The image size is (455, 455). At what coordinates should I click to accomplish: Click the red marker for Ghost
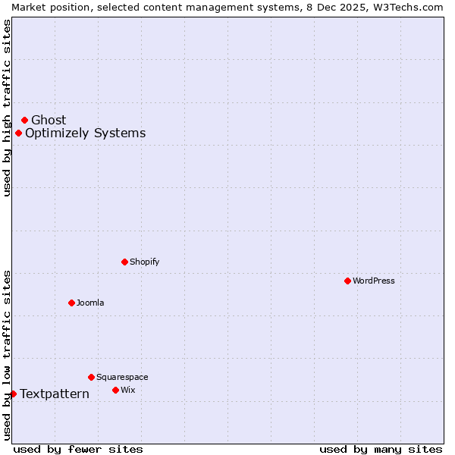(24, 120)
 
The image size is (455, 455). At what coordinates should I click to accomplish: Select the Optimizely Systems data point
(18, 133)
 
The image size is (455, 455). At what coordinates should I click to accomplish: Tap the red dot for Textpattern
(13, 394)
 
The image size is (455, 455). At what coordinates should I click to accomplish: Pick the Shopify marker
(124, 262)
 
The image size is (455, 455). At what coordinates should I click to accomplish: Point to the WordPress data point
(347, 281)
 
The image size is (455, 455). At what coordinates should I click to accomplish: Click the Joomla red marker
(71, 303)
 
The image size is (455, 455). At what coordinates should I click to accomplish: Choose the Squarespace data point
(91, 377)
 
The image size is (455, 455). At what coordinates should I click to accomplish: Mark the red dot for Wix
(115, 390)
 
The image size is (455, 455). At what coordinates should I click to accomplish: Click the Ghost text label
(49, 120)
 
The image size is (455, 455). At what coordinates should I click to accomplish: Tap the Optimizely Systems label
(85, 133)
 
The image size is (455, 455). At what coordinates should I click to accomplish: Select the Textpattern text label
(55, 394)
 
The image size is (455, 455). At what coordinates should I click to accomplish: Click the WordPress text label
(374, 281)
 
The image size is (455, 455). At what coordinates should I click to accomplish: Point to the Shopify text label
(144, 262)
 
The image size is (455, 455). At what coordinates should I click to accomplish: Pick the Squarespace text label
(122, 377)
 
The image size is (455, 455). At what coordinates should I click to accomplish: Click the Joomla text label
(90, 303)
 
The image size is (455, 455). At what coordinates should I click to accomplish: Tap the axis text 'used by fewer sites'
(78, 449)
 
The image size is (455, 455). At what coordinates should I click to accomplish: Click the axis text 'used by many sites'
(381, 449)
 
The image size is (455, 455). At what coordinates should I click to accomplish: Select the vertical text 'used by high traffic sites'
(7, 108)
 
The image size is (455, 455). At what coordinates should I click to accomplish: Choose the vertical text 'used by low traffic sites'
(7, 355)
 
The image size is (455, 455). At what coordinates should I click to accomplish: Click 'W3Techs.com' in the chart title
(407, 7)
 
